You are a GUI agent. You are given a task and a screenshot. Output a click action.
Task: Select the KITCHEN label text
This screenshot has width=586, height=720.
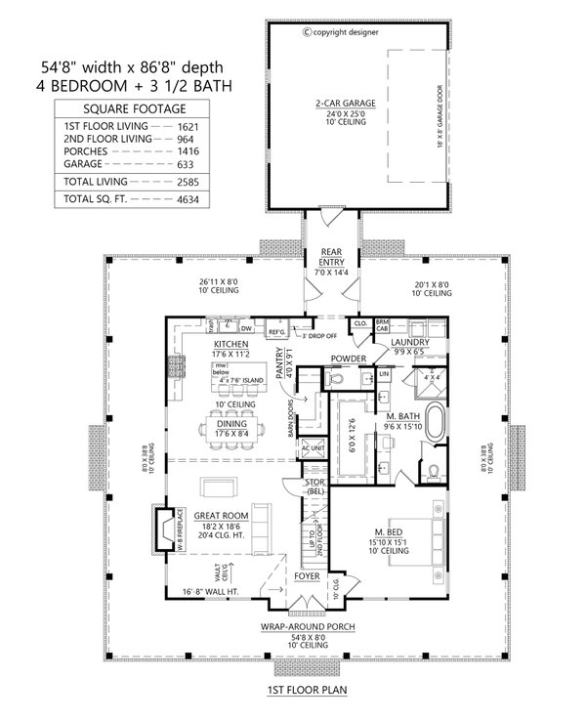230,345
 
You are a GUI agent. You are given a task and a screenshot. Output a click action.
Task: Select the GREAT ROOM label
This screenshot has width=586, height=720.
219,515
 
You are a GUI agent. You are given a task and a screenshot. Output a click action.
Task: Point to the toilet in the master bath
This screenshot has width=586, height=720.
435,472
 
